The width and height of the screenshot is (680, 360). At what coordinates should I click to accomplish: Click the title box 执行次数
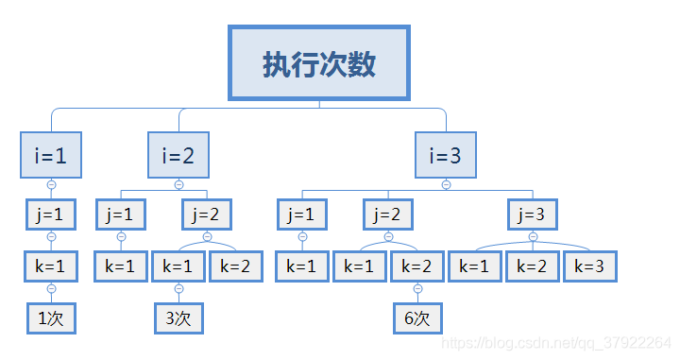[x=319, y=62]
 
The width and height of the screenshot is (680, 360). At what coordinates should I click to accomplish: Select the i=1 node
[x=51, y=155]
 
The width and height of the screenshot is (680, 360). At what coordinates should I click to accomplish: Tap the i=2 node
[x=178, y=155]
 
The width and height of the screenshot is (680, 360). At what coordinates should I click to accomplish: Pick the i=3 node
[x=447, y=155]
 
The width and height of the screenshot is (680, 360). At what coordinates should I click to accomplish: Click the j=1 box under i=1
[x=51, y=214]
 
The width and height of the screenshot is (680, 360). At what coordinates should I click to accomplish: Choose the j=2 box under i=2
[x=207, y=214]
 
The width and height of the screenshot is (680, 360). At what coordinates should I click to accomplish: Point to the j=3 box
[x=533, y=214]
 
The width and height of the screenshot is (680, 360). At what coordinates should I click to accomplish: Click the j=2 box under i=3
[x=388, y=214]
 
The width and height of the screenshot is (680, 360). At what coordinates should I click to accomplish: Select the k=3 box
[x=590, y=266]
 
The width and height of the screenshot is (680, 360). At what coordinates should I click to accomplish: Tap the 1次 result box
[x=51, y=318]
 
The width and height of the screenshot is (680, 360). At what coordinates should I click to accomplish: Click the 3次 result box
[x=178, y=318]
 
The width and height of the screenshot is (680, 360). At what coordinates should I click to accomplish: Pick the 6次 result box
[x=417, y=318]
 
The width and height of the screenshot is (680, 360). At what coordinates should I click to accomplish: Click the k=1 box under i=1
[x=51, y=266]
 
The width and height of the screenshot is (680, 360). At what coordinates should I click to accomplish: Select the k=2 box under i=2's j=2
[x=235, y=266]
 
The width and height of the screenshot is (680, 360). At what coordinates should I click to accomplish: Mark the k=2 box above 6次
[x=417, y=266]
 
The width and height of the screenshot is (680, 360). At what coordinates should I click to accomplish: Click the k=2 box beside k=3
[x=533, y=266]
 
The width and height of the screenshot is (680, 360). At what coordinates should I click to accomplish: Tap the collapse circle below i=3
[x=447, y=183]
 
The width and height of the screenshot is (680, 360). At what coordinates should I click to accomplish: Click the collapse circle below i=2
[x=178, y=183]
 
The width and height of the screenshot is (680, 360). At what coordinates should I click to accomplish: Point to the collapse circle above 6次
[x=417, y=288]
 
